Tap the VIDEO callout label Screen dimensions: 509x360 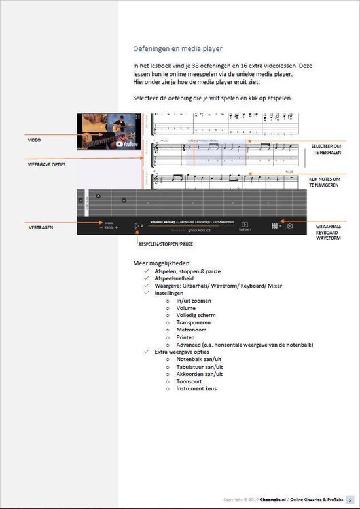(x=34, y=140)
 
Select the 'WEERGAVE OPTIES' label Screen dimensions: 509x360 (x=48, y=165)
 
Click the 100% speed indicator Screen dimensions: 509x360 (x=109, y=227)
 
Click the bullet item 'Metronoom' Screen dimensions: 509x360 (x=190, y=330)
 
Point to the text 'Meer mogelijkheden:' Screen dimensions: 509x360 (x=162, y=263)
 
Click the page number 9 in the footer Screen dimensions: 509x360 (x=350, y=499)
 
